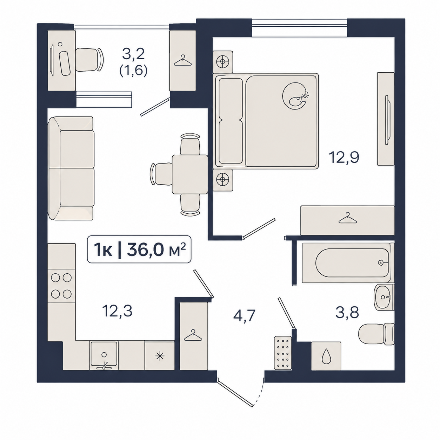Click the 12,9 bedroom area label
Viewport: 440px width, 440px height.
(344, 158)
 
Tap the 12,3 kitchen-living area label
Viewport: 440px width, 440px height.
(117, 312)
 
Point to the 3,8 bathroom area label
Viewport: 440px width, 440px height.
(347, 312)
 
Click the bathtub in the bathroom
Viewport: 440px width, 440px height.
(348, 263)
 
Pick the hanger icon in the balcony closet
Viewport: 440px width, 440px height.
(183, 60)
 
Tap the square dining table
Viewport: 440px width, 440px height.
(190, 174)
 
